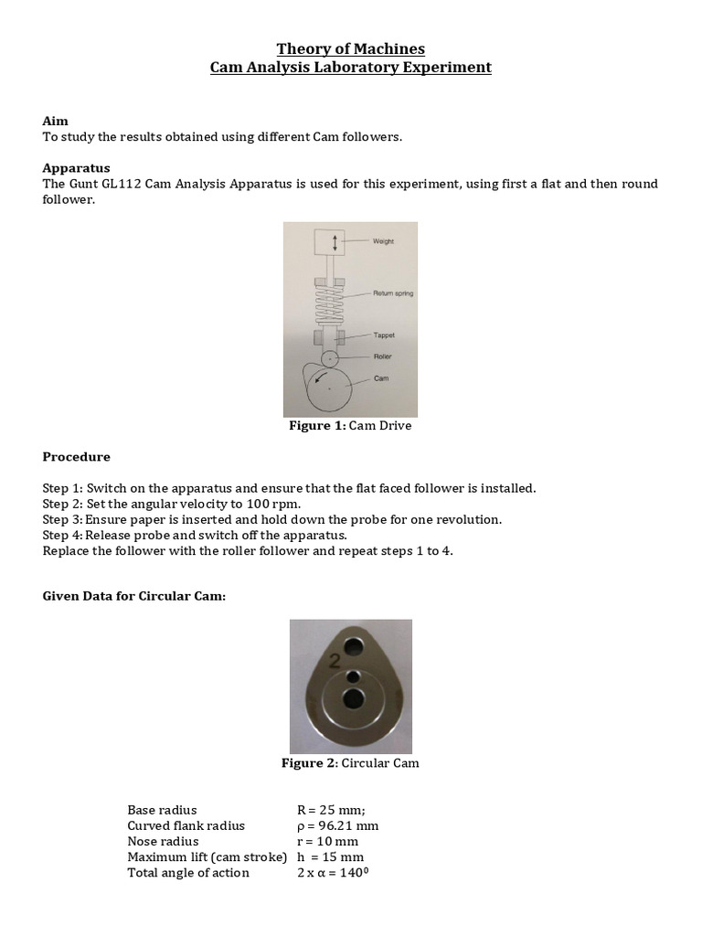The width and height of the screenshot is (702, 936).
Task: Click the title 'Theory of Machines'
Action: [351, 48]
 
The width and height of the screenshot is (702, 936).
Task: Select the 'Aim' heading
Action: [55, 122]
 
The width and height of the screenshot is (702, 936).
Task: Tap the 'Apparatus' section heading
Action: [77, 168]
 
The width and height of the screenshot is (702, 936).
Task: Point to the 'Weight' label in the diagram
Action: [383, 241]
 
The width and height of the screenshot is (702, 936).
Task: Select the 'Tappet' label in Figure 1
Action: [383, 335]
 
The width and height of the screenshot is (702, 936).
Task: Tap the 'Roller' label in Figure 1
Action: [382, 356]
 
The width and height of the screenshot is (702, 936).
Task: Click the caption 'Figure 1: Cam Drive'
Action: [350, 426]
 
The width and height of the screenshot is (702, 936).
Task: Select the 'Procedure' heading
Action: [77, 457]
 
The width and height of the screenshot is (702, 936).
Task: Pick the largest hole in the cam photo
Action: [354, 700]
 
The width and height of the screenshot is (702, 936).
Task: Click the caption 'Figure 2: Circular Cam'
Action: [350, 763]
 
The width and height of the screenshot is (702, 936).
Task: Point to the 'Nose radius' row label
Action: [163, 841]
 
